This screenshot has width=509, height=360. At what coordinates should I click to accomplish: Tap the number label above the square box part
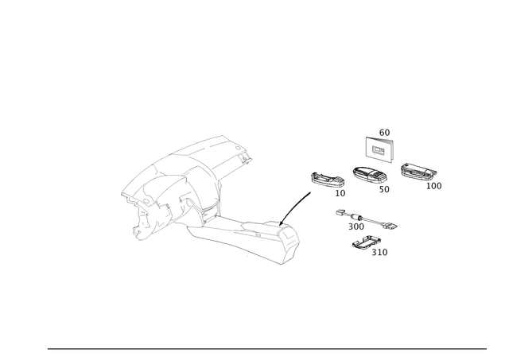click(384, 131)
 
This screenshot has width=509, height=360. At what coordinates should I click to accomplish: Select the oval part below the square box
click(368, 175)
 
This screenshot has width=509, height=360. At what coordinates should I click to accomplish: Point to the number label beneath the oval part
click(384, 189)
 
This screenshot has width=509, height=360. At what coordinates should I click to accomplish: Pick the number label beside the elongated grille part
click(434, 184)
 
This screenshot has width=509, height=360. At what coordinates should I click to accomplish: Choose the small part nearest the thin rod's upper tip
click(324, 180)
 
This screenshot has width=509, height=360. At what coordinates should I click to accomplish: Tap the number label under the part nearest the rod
click(340, 192)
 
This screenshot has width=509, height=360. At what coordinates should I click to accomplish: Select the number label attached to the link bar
click(352, 225)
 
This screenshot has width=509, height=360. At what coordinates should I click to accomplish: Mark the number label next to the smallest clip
click(383, 253)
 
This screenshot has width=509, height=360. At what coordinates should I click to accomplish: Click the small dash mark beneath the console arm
click(248, 256)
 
